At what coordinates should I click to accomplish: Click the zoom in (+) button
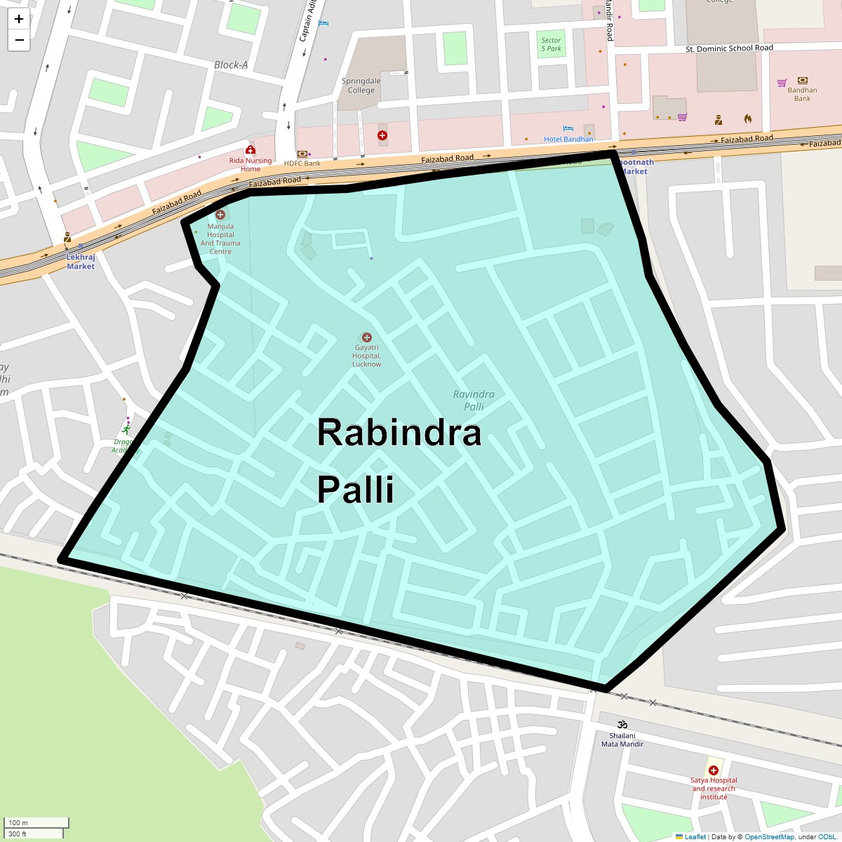[x=19, y=20]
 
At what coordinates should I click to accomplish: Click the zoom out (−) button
[x=19, y=40]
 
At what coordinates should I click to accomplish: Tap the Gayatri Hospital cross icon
[x=366, y=338]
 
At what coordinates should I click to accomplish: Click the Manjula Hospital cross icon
[x=220, y=215]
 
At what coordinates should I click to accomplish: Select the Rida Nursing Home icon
[x=250, y=150]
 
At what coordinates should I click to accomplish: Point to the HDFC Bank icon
[x=302, y=154]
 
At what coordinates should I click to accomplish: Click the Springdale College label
[x=361, y=86]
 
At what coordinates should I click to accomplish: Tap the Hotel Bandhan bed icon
[x=568, y=129]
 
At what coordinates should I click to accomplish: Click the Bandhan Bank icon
[x=802, y=81]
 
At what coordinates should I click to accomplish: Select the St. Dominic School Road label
[x=729, y=48]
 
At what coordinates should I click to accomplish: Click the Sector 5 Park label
[x=551, y=44]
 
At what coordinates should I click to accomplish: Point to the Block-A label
[x=231, y=65]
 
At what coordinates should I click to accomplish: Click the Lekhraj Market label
[x=81, y=262]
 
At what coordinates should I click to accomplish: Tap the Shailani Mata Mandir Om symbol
[x=622, y=725]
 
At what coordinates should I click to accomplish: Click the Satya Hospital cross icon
[x=714, y=770]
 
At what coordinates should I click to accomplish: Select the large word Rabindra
[x=399, y=433]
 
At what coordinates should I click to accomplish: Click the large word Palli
[x=355, y=489]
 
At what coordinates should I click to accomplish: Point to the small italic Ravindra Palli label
[x=474, y=400]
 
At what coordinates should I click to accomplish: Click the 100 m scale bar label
[x=18, y=822]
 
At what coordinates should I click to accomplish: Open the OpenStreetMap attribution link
[x=769, y=836]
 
